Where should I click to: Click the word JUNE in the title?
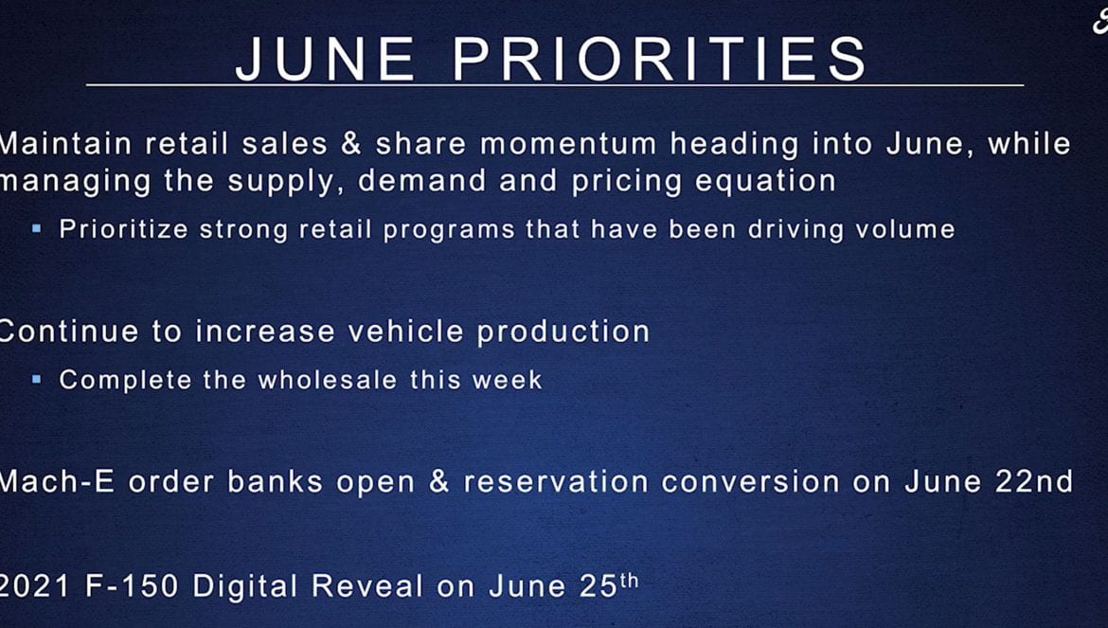point(325,59)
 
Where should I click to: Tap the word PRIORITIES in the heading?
point(659,59)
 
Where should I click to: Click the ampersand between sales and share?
point(351,143)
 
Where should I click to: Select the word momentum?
point(568,144)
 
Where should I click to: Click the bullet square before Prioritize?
point(37,228)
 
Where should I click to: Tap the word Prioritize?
point(124,229)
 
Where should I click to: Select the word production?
point(563,332)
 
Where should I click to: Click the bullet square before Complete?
point(37,379)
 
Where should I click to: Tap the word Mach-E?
point(57,482)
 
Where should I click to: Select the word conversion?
point(750,482)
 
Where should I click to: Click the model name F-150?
point(132,586)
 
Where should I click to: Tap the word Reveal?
point(367,586)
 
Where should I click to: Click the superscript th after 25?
point(629,581)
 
